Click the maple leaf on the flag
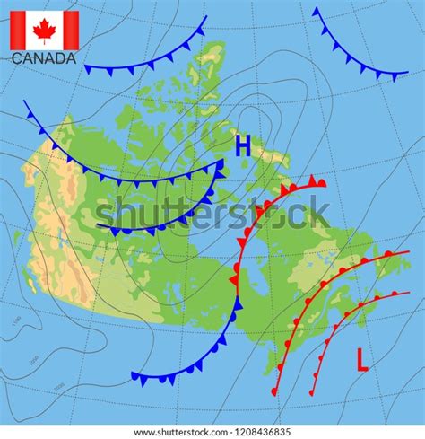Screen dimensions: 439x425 tap(44, 31)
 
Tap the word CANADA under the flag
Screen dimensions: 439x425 tap(44, 59)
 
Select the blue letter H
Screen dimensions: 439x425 tap(243, 147)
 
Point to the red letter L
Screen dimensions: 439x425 tap(362, 360)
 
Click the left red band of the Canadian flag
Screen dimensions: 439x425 tap(18, 31)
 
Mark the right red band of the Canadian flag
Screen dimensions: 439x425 tap(70, 31)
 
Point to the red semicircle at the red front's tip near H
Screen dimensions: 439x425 tap(320, 183)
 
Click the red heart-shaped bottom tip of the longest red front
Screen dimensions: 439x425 tap(274, 391)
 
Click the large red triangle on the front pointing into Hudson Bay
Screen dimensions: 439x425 tap(234, 280)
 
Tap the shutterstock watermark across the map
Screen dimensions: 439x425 tap(212, 215)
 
